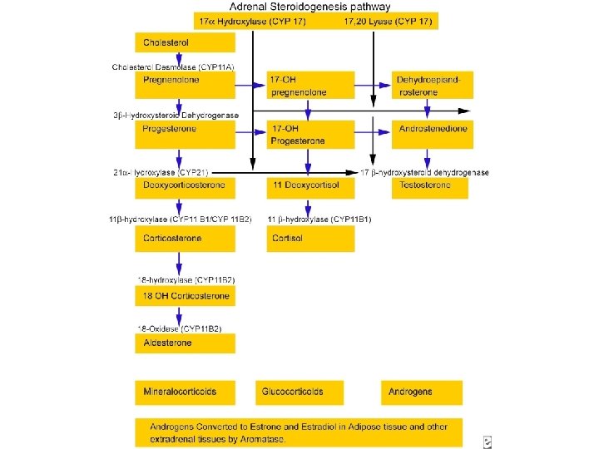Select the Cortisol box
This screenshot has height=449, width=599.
[310, 239]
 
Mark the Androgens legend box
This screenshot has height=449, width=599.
[422, 392]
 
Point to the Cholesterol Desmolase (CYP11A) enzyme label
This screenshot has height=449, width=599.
[173, 66]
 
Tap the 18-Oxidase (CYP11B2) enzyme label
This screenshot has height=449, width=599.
[180, 328]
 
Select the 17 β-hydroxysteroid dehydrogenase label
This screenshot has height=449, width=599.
[424, 172]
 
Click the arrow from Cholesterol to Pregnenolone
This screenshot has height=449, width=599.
[177, 60]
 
